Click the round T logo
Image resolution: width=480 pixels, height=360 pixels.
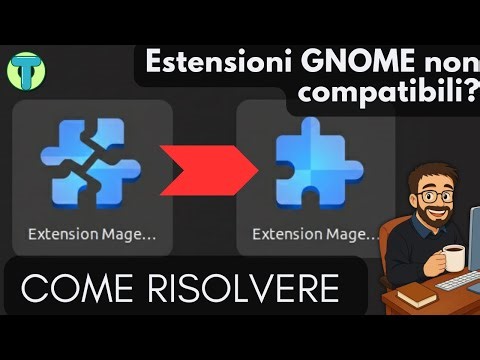click(22, 70)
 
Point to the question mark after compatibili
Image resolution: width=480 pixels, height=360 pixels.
click(469, 95)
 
